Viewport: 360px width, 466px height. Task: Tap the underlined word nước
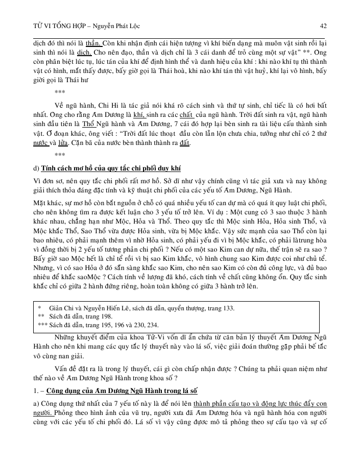41,143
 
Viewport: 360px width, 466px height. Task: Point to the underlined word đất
184,143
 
